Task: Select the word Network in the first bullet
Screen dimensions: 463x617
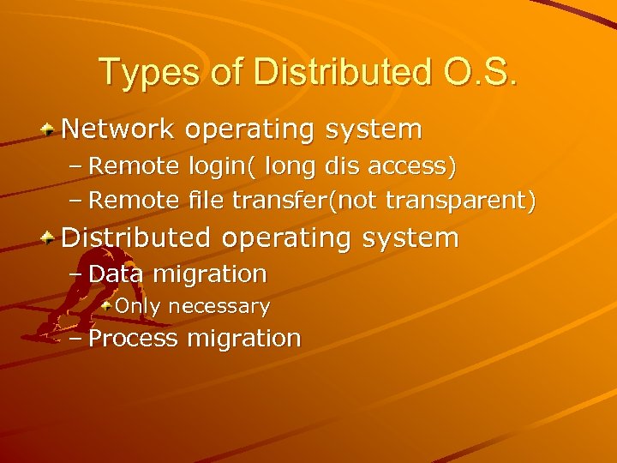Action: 118,129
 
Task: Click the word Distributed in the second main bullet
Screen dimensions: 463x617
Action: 135,238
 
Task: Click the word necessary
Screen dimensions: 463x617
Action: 219,306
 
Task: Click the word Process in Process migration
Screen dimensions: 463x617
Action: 133,338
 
